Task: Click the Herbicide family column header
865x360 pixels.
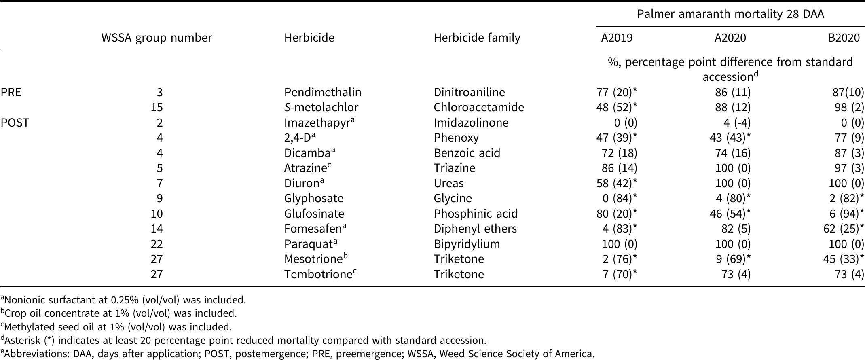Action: point(477,38)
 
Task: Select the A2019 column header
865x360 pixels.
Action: point(617,38)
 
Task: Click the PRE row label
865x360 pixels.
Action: point(11,92)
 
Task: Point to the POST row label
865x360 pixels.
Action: point(15,123)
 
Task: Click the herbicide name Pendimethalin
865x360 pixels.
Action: point(323,92)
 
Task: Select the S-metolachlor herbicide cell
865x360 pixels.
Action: point(321,107)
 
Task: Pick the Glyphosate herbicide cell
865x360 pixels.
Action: point(314,198)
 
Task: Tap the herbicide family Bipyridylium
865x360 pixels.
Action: point(467,244)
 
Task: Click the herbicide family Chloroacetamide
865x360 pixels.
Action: point(479,107)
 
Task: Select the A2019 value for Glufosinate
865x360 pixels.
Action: point(616,214)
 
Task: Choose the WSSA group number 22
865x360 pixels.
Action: point(157,244)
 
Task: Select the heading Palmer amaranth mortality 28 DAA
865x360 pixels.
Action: point(730,14)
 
